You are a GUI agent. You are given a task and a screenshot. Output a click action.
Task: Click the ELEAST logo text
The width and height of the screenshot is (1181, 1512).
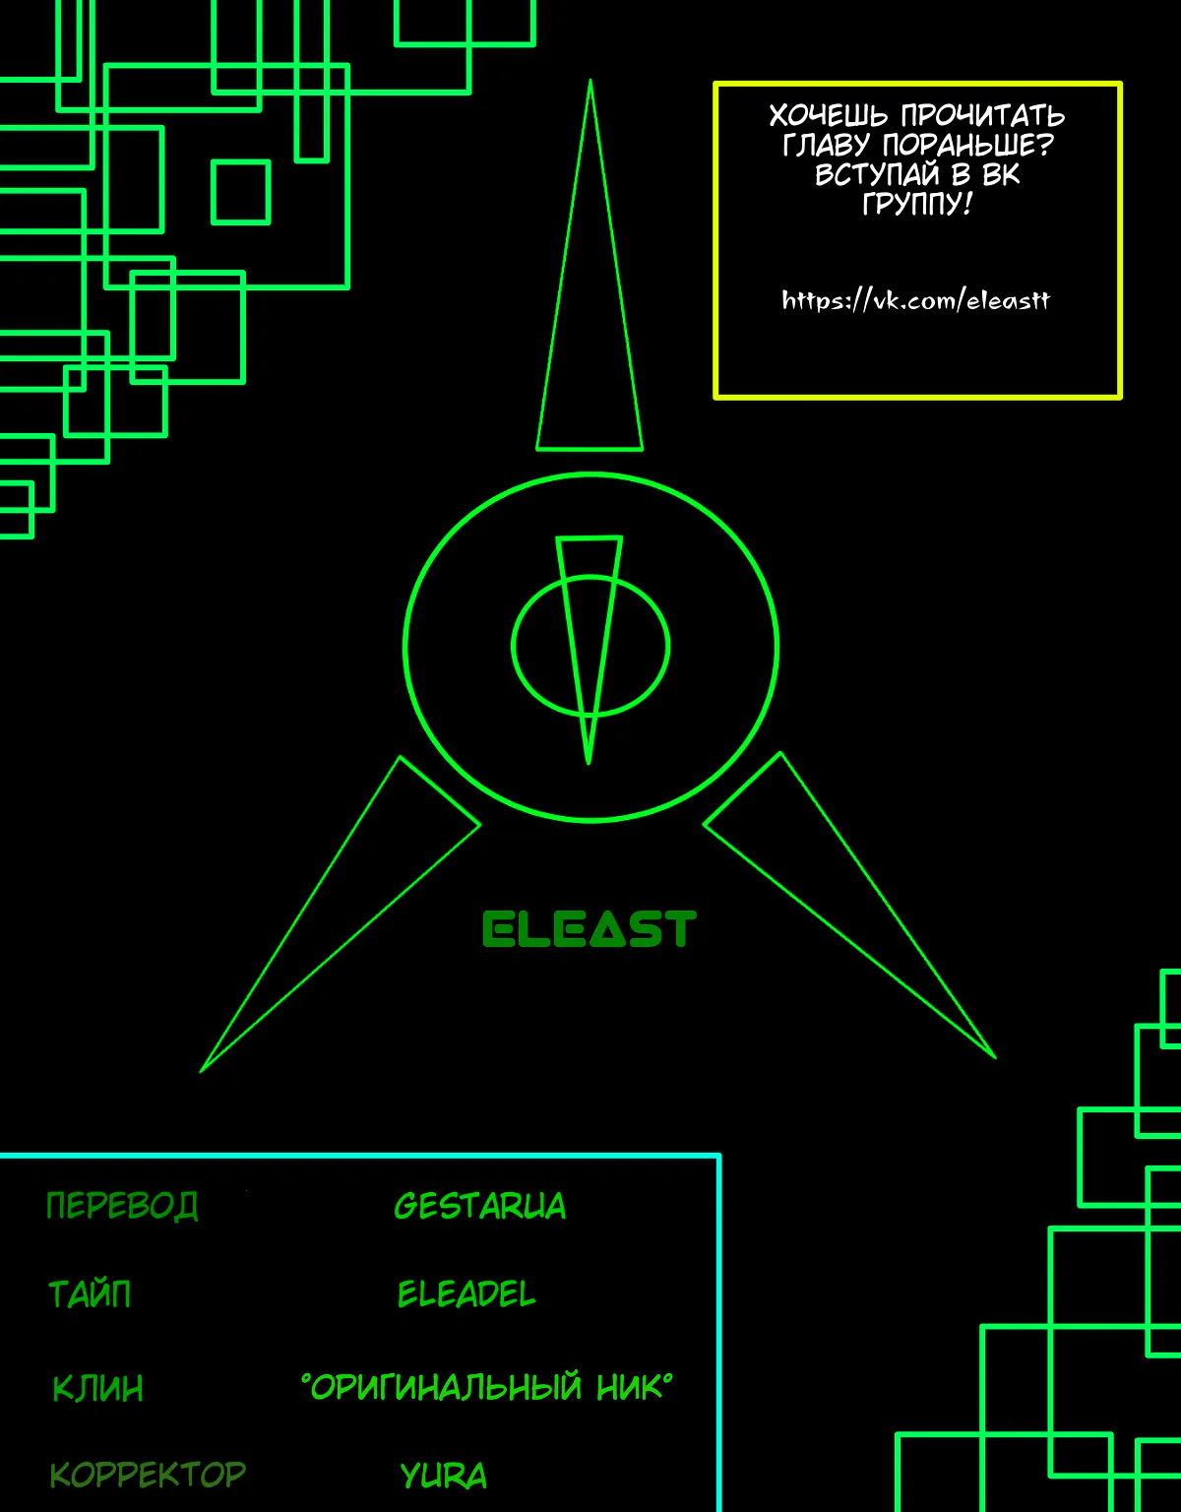click(590, 929)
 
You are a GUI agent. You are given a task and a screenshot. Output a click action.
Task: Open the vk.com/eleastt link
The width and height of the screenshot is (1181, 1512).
click(916, 300)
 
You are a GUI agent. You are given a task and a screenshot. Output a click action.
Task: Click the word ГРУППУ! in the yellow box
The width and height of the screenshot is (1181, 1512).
click(916, 203)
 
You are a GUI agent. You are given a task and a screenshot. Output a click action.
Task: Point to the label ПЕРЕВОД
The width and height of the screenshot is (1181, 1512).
click(122, 1206)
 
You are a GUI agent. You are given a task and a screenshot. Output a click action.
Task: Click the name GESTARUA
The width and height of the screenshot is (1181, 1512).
click(480, 1206)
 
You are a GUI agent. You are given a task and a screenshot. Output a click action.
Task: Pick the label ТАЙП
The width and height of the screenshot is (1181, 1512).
click(90, 1294)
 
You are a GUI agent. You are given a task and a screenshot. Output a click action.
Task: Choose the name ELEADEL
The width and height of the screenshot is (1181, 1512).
click(466, 1294)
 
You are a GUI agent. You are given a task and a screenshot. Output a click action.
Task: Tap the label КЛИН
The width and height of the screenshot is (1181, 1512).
click(98, 1388)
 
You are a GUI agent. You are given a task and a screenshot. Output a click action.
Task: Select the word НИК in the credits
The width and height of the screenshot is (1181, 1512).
click(630, 1387)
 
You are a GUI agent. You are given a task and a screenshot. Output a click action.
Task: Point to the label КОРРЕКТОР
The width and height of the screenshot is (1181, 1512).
click(148, 1475)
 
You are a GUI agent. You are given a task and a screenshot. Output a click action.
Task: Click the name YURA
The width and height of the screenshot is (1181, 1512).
click(444, 1476)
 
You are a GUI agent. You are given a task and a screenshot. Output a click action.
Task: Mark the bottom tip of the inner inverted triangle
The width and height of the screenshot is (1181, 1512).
click(589, 764)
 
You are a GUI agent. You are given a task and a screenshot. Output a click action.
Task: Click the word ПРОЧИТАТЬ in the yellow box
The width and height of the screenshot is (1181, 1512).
click(983, 115)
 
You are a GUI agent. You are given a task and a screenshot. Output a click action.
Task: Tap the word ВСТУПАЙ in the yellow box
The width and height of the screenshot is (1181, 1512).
click(879, 174)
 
